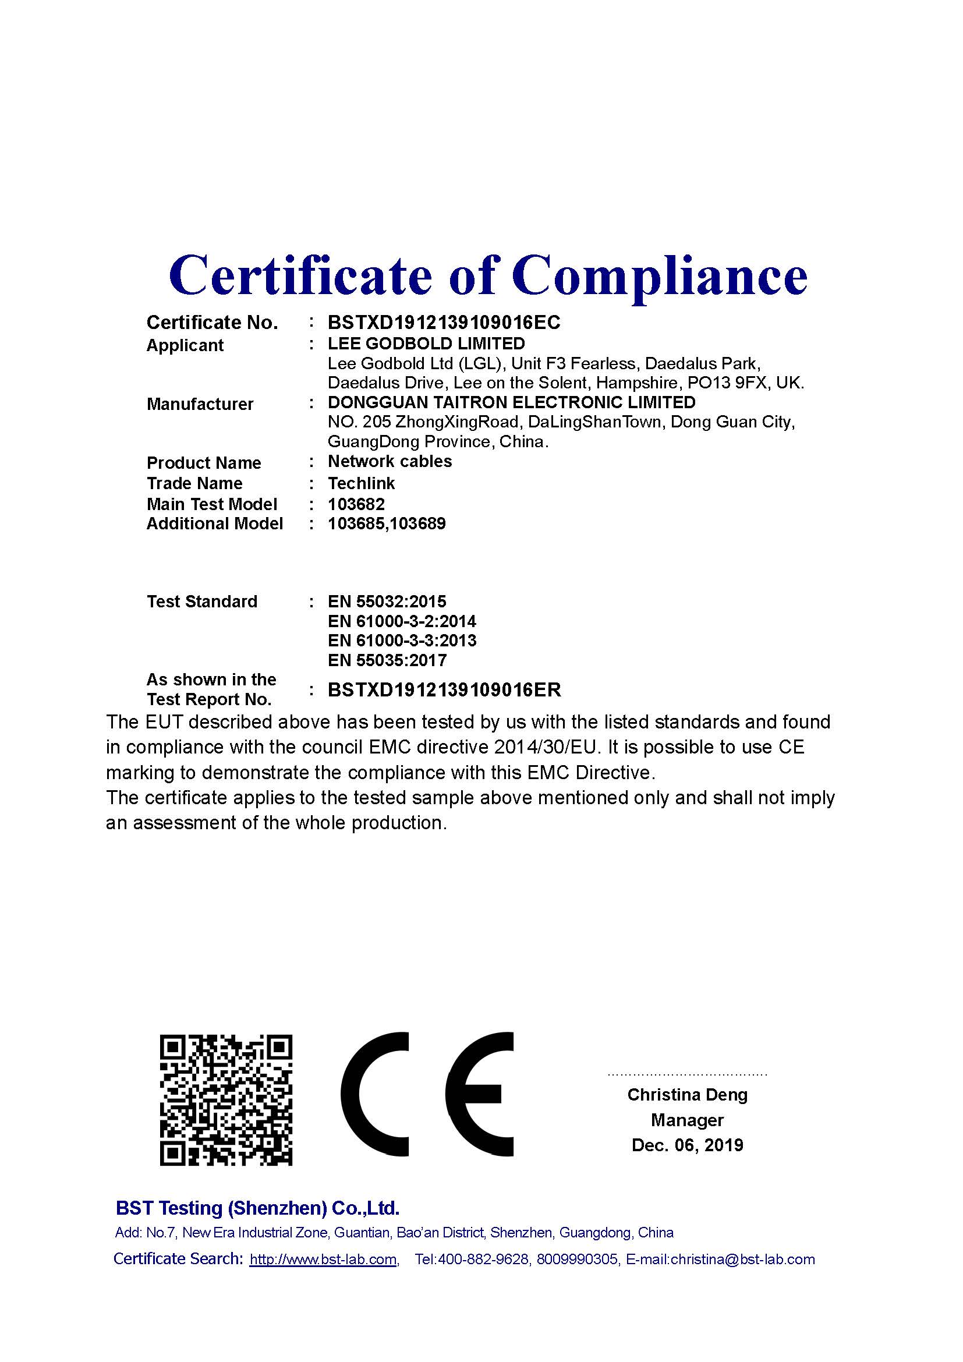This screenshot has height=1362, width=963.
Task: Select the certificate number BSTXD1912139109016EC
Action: coord(444,323)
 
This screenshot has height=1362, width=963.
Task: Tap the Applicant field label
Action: coord(185,345)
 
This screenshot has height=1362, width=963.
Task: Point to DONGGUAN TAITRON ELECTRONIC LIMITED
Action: coord(511,402)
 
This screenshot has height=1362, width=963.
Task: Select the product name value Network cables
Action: coord(390,462)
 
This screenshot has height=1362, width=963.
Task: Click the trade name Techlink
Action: coord(361,483)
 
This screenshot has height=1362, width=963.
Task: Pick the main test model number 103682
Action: coord(356,504)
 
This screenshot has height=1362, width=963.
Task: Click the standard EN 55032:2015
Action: coord(387,602)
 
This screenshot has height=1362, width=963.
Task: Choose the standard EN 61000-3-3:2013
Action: coord(402,641)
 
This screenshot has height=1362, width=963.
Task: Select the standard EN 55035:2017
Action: coord(387,660)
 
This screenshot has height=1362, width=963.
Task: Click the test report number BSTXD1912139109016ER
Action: coord(444,690)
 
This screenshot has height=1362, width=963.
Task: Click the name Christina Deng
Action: coord(687,1095)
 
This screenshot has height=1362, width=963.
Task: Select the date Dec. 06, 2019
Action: coord(687,1144)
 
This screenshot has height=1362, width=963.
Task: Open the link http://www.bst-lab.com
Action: coord(323,1259)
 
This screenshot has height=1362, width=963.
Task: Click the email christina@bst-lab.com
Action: coord(742,1259)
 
